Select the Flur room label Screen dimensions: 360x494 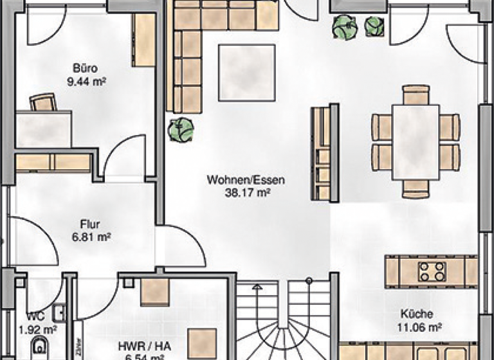pos(89,224)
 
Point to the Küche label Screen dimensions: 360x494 pos(416,314)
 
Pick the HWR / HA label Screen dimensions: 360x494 pos(135,345)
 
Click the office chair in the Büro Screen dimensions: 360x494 pos(43,102)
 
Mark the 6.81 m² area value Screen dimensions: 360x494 pos(89,237)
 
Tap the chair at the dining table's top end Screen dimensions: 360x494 pos(416,94)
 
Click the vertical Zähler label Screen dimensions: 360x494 pos(78,347)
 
